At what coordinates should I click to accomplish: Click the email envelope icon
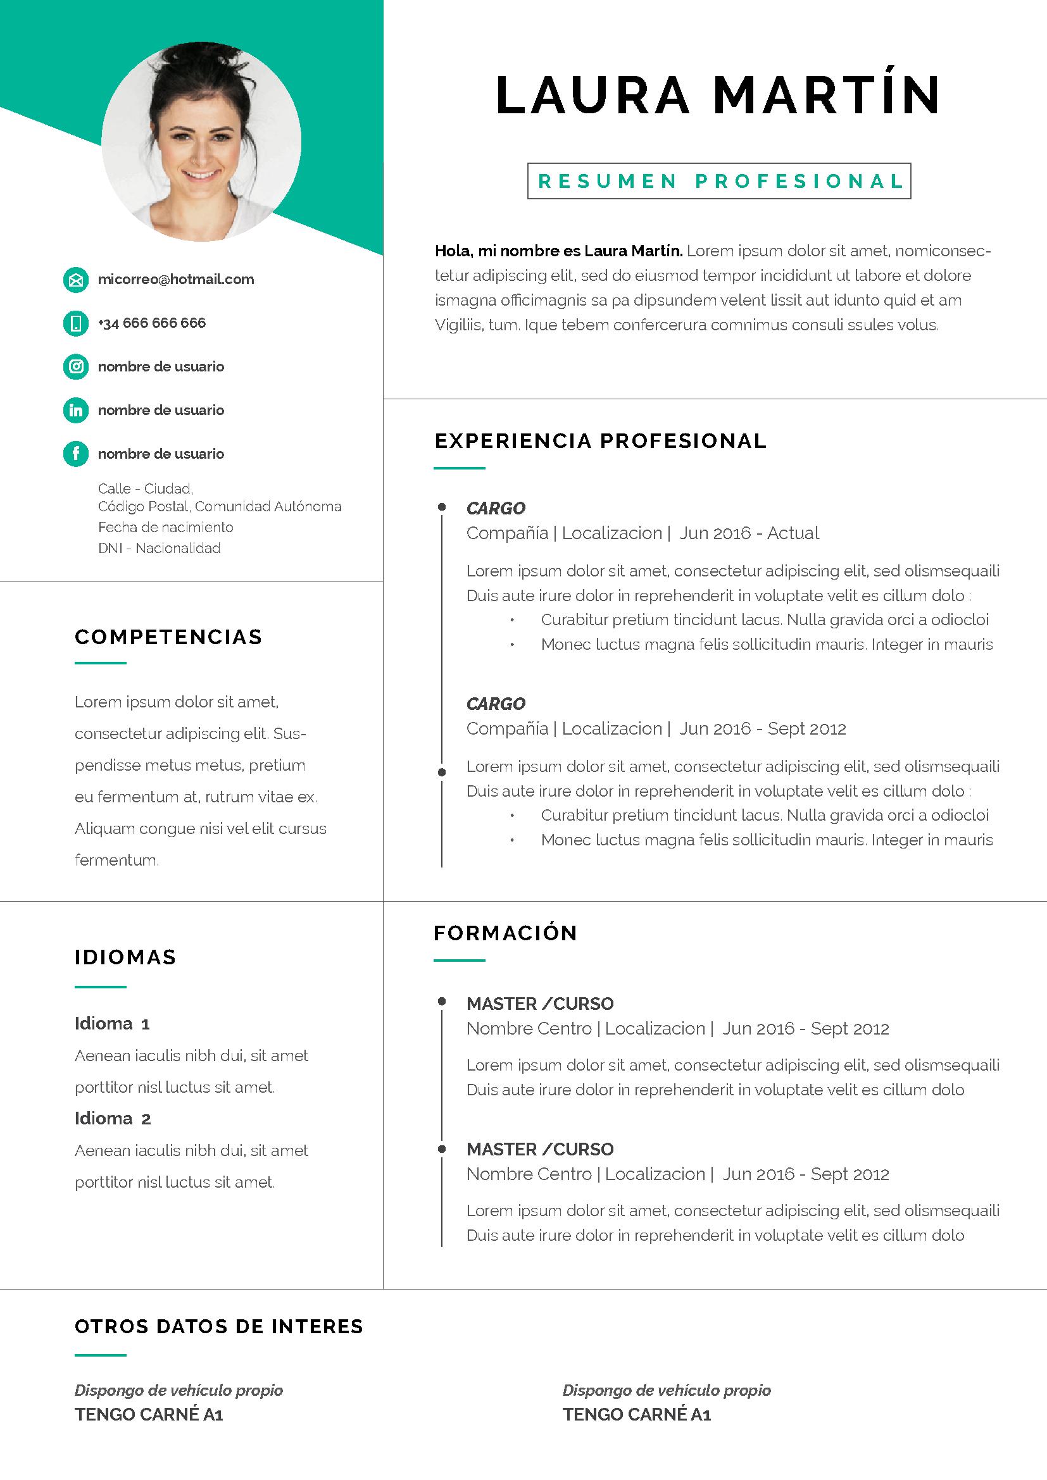[x=75, y=280]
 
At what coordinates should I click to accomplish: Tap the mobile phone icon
[x=75, y=323]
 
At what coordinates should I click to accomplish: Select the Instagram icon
[x=75, y=367]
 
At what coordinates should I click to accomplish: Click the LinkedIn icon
[x=75, y=411]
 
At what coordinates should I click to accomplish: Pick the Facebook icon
[x=75, y=454]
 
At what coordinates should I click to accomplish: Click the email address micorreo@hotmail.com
[x=176, y=280]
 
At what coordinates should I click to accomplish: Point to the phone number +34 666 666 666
[x=151, y=323]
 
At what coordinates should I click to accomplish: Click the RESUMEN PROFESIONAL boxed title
[x=719, y=181]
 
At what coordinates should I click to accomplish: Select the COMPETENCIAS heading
[x=169, y=637]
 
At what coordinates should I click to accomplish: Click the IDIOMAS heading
[x=126, y=957]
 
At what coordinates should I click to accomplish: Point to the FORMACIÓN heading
[x=505, y=933]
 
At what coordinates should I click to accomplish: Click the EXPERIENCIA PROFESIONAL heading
[x=601, y=441]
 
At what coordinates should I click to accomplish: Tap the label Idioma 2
[x=113, y=1118]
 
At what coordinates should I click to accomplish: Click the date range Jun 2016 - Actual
[x=749, y=533]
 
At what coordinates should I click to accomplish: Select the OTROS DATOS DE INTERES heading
[x=219, y=1327]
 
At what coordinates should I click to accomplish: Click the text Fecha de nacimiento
[x=166, y=527]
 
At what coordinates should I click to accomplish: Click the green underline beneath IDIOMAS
[x=101, y=987]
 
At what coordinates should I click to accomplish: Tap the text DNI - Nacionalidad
[x=160, y=549]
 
